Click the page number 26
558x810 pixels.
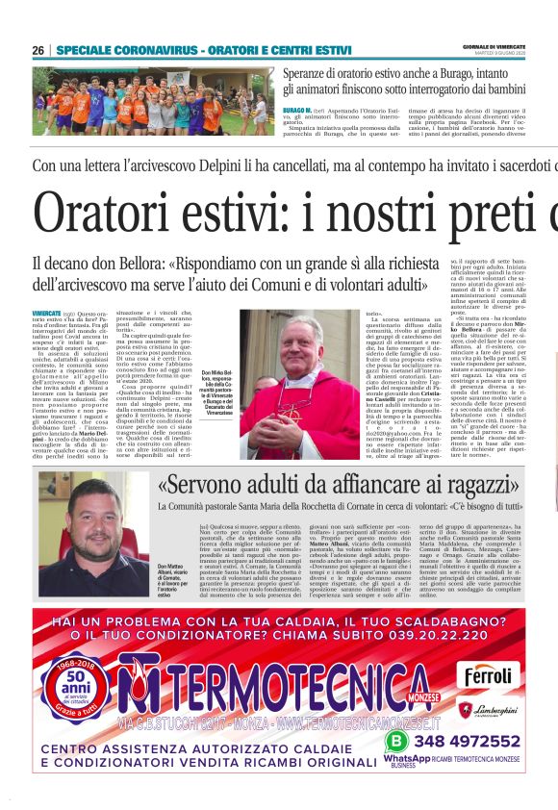coord(38,50)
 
